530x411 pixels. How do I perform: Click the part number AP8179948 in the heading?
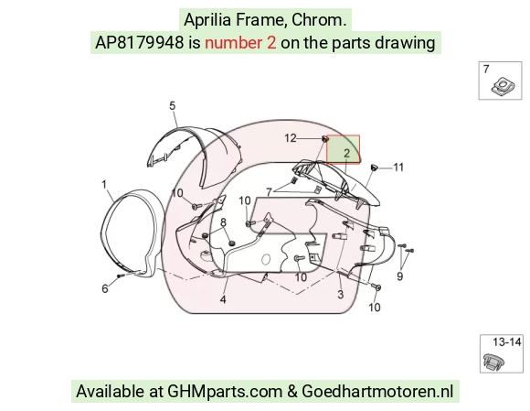(x=139, y=43)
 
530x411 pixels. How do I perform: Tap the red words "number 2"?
(x=240, y=43)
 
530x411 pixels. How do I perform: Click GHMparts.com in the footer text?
(x=225, y=392)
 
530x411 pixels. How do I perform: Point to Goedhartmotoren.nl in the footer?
(x=377, y=392)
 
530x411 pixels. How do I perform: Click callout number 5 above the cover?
(x=173, y=106)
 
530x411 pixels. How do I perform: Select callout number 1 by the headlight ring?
(x=104, y=185)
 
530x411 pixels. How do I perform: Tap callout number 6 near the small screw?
(x=105, y=288)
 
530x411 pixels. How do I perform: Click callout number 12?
(x=291, y=138)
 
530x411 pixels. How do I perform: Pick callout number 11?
(x=398, y=168)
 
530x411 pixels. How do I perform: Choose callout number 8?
(x=223, y=222)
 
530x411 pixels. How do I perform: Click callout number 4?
(x=223, y=299)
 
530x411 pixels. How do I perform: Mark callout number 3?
(x=341, y=295)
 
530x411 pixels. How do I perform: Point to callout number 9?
(x=400, y=276)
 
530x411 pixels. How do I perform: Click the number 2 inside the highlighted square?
(x=347, y=154)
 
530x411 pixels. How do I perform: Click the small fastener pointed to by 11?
(x=374, y=168)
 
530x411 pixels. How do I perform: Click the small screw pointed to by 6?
(x=119, y=276)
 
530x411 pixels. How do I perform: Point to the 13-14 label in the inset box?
(x=506, y=342)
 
